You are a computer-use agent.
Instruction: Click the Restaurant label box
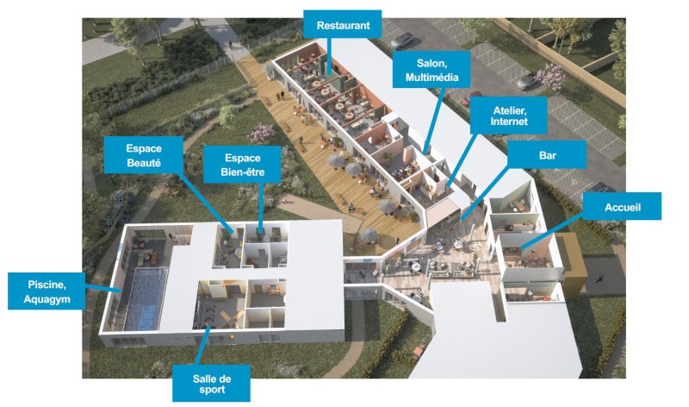[342, 25]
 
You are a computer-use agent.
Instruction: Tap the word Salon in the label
[431, 63]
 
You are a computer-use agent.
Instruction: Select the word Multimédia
[431, 78]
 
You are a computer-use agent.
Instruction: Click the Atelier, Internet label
[508, 116]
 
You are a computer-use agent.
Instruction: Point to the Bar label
[547, 154]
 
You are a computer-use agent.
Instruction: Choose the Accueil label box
[622, 206]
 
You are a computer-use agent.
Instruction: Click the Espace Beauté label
[143, 155]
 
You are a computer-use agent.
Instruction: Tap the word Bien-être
[243, 172]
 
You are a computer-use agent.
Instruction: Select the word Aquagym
[47, 299]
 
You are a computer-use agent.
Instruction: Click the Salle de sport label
[211, 383]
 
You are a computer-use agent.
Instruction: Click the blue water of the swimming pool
[146, 297]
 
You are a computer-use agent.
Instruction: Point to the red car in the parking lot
[467, 100]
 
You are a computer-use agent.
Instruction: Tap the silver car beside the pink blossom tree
[527, 80]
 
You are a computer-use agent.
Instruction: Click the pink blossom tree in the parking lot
[549, 76]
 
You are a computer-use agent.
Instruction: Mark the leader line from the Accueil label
[551, 234]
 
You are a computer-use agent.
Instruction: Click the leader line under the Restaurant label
[330, 56]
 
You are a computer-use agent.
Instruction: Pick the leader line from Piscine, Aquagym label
[102, 288]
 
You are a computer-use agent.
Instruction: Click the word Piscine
[47, 285]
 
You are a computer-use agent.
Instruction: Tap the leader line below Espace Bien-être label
[261, 207]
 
